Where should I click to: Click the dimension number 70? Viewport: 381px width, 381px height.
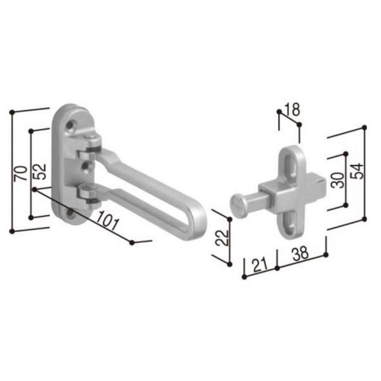(20, 173)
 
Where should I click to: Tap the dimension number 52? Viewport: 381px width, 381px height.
(39, 171)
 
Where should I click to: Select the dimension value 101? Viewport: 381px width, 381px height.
(107, 220)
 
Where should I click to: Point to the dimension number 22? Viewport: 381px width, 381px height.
(222, 238)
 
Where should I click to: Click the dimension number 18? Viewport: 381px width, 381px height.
(292, 110)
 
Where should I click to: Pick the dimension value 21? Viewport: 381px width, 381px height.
(260, 265)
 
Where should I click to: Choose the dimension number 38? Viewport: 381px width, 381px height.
(300, 253)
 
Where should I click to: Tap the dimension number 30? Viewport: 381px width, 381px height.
(338, 180)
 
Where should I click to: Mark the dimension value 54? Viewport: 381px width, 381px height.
(357, 171)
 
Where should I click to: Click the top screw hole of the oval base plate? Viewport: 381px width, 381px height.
(70, 126)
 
